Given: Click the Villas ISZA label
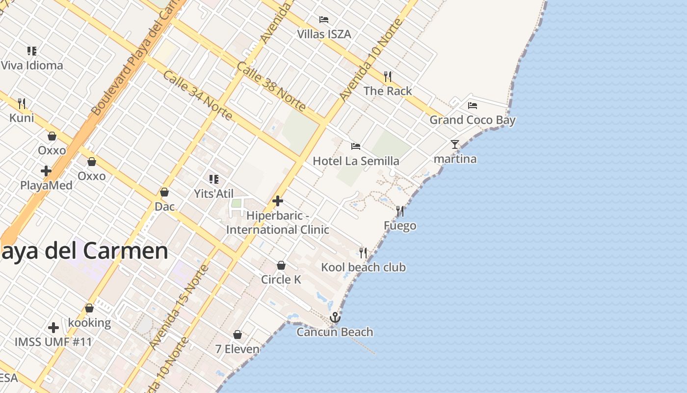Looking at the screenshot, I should tap(324, 34).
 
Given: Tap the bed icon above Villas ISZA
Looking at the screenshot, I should tap(324, 20).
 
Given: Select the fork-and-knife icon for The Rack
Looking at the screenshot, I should tap(388, 76).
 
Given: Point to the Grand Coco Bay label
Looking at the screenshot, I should tap(473, 120).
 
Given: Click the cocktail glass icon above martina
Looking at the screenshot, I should tap(455, 144).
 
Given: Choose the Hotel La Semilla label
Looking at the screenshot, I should tap(356, 161).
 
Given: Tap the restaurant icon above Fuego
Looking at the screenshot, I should tap(400, 211).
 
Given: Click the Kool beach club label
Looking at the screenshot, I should tap(363, 267).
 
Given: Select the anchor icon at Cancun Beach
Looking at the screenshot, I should tap(335, 317).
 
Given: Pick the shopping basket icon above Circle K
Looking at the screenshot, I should tap(281, 265).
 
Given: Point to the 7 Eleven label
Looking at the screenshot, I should tap(238, 349).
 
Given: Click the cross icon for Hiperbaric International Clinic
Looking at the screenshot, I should tap(278, 201).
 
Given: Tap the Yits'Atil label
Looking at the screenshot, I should tap(214, 194).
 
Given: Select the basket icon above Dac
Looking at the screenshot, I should tap(164, 192).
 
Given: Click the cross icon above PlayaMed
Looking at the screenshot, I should tap(46, 171).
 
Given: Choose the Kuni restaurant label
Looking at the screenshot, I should tap(22, 118).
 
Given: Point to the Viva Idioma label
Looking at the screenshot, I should tap(32, 65).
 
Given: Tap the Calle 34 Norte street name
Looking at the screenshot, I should tap(197, 95).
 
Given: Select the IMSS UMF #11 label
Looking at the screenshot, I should tap(53, 342).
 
